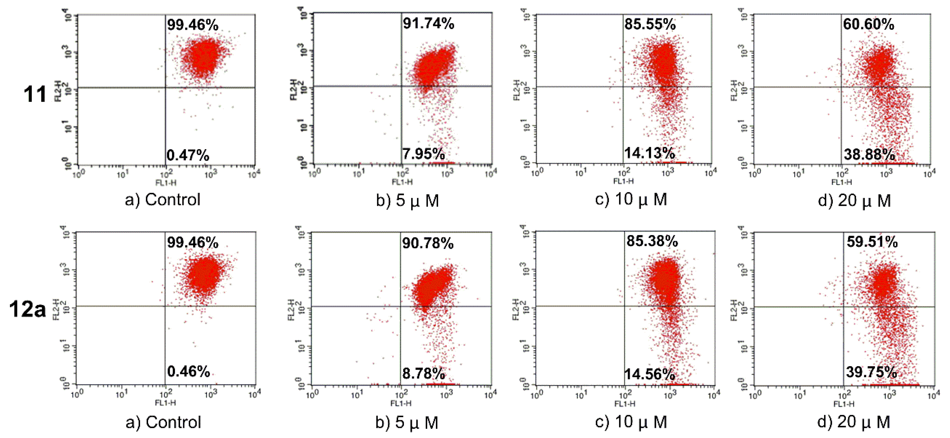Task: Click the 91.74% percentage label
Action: [x=428, y=23]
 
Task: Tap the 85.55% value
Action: [x=650, y=24]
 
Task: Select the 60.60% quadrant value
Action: [x=868, y=24]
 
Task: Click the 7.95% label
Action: [x=423, y=154]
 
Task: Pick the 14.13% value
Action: [x=649, y=153]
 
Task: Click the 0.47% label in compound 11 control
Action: [x=188, y=155]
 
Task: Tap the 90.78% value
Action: [x=428, y=243]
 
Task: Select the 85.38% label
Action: [x=652, y=241]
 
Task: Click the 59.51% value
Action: [x=872, y=242]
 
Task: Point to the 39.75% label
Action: [x=871, y=372]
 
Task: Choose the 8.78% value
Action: [x=423, y=373]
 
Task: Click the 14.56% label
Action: [x=649, y=374]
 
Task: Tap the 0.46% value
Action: [x=188, y=371]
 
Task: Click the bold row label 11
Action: [x=35, y=94]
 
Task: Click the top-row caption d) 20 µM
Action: [x=854, y=201]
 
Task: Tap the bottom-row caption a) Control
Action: [x=163, y=423]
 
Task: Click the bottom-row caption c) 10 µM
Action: [x=631, y=422]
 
